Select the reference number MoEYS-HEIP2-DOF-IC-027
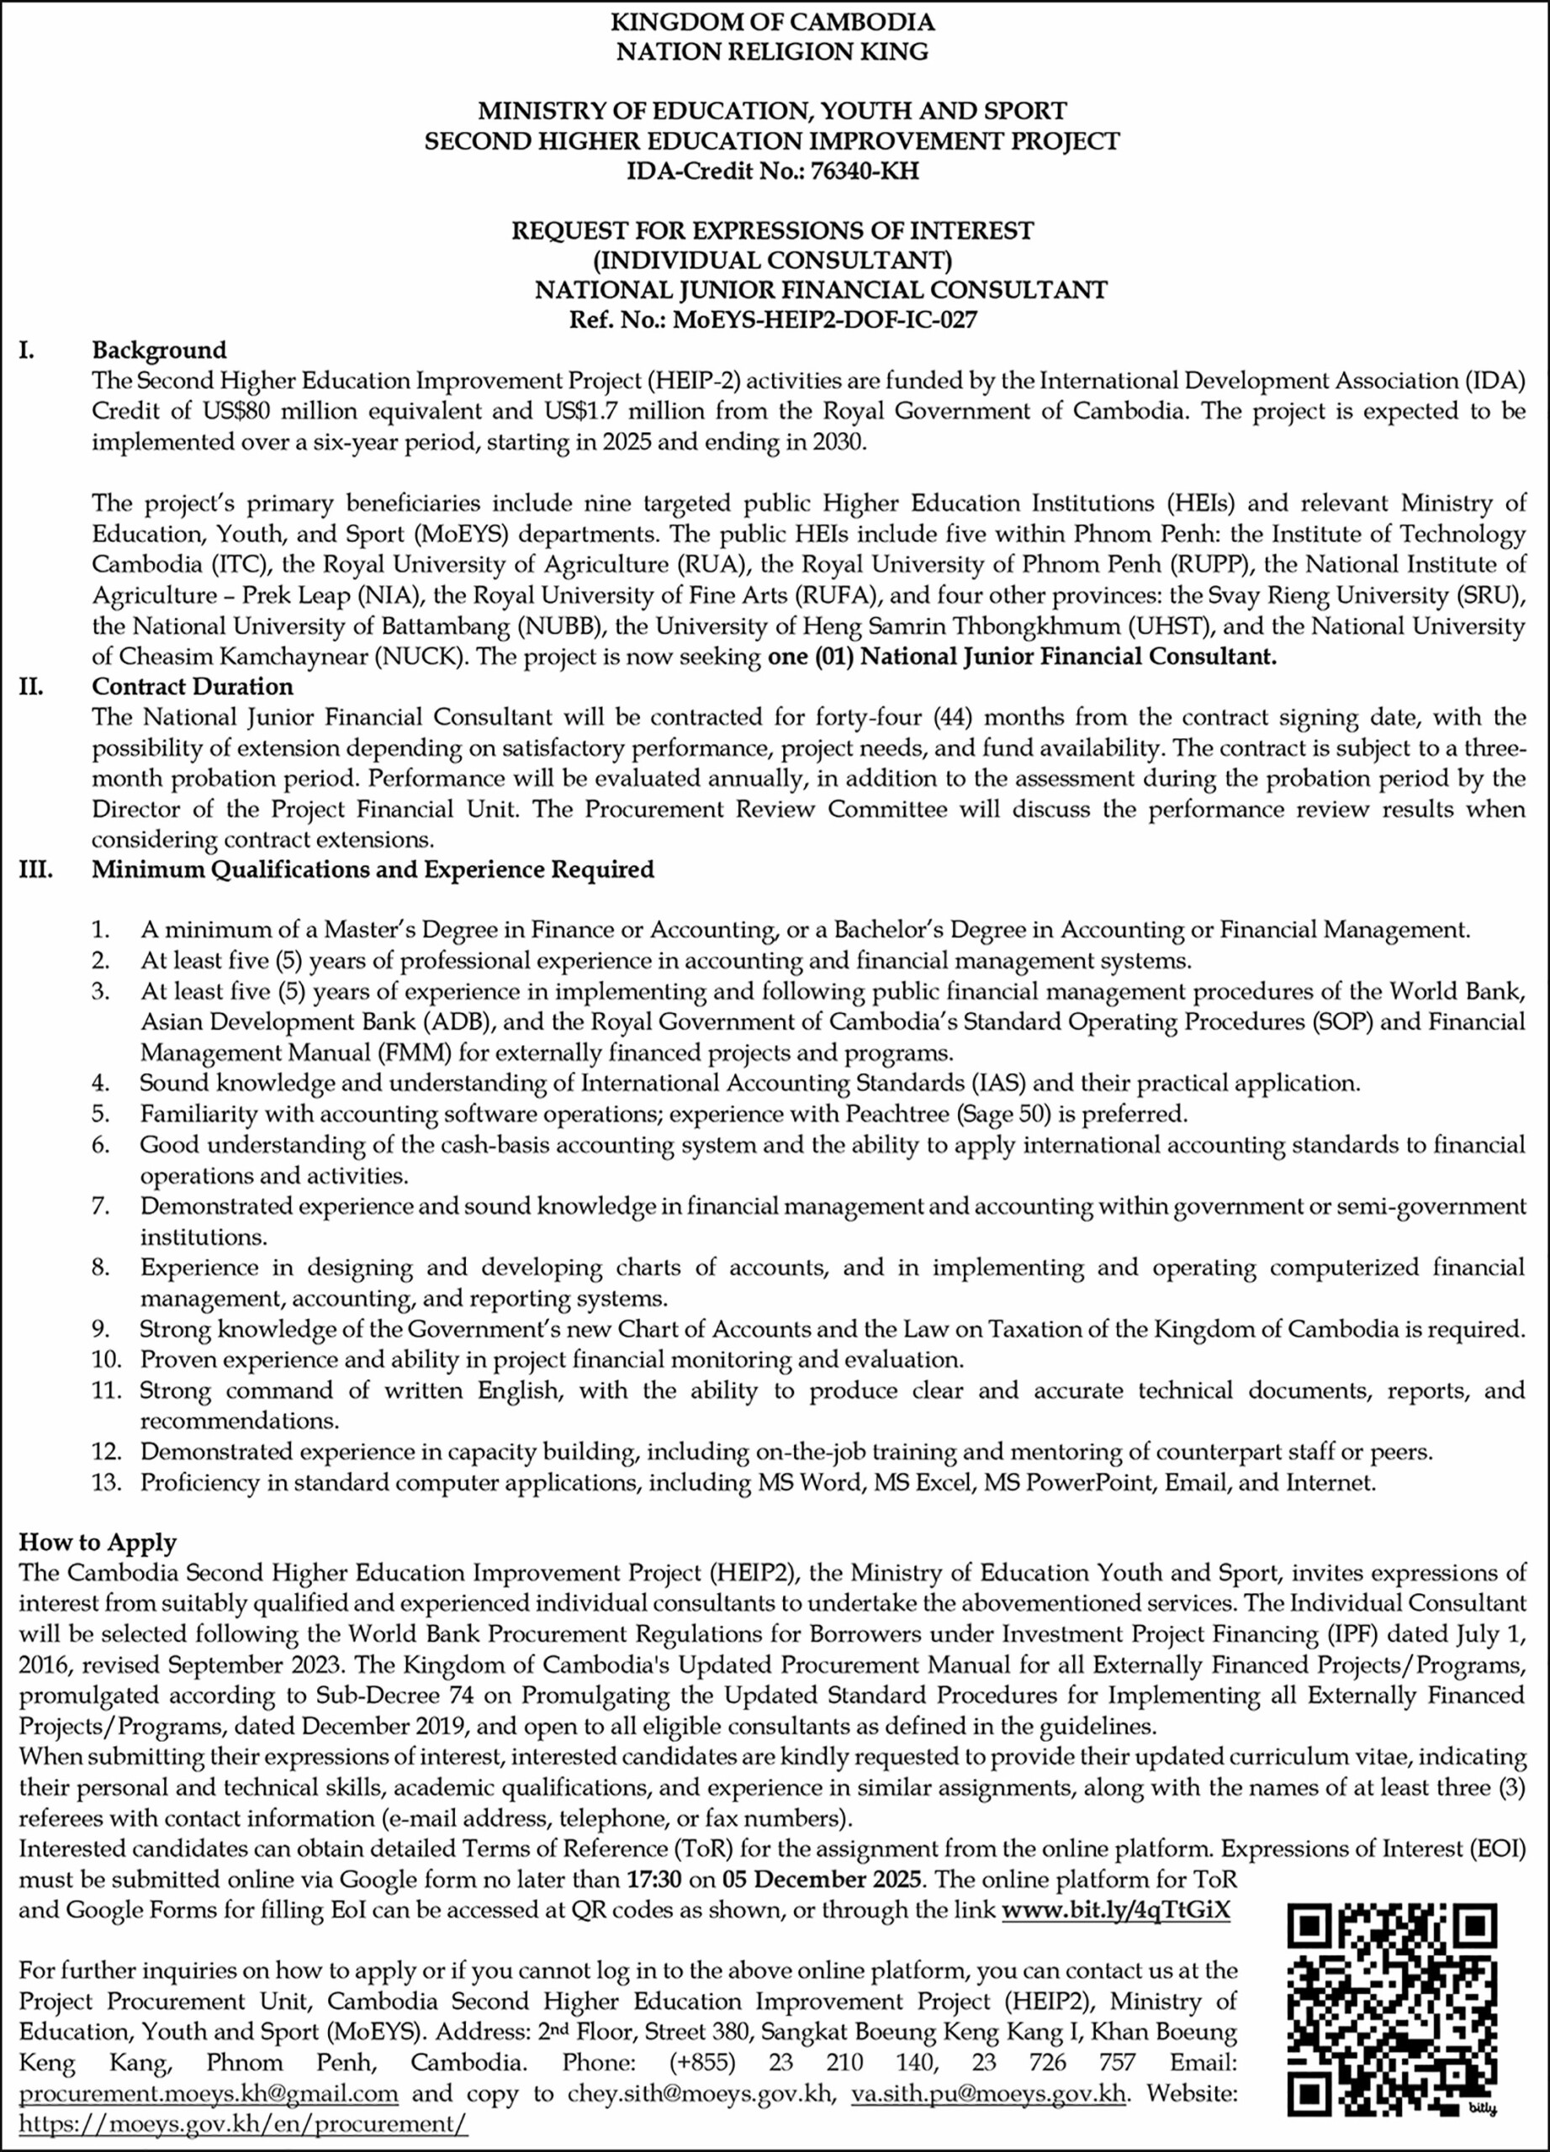click(x=824, y=319)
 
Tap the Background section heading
click(x=158, y=351)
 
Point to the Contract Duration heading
click(x=192, y=686)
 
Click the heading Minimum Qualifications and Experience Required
click(x=373, y=869)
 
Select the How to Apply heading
click(x=97, y=1542)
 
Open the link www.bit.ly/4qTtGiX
click(x=1115, y=1910)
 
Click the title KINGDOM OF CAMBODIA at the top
click(x=773, y=22)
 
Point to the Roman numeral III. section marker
click(x=35, y=869)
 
